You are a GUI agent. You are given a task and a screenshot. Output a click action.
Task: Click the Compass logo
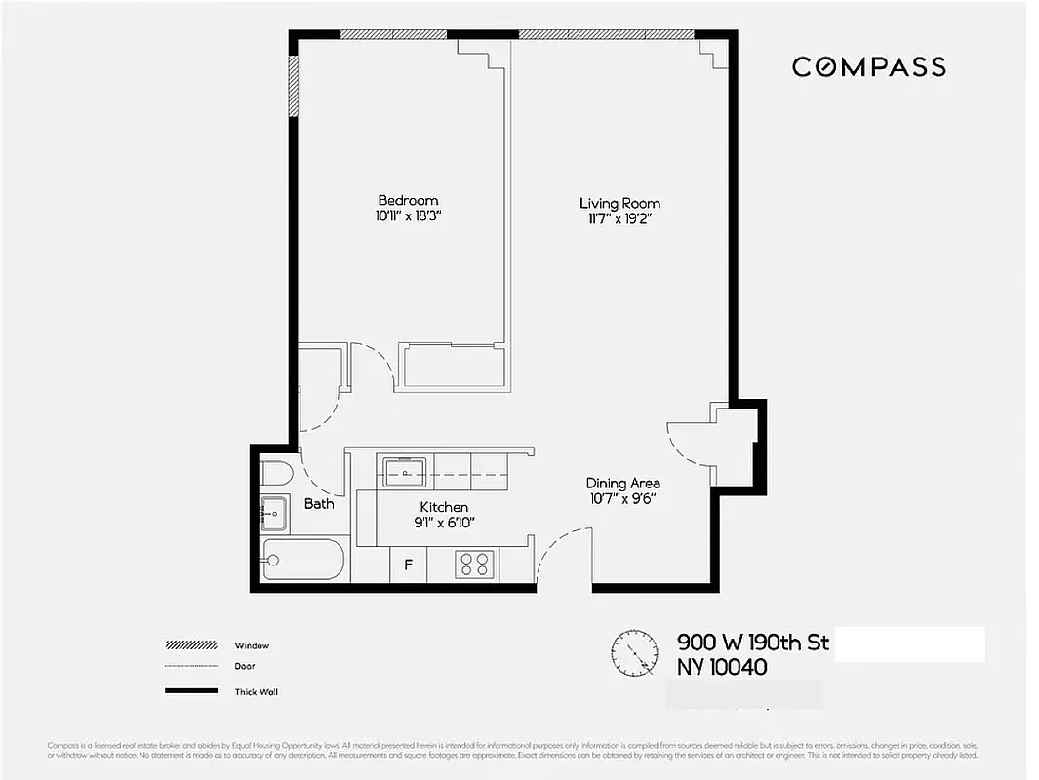[868, 66]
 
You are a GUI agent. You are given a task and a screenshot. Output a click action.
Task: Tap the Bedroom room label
[408, 201]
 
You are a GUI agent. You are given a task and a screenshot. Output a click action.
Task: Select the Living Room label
[619, 203]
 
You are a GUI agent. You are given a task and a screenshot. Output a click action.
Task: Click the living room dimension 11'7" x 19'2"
[615, 219]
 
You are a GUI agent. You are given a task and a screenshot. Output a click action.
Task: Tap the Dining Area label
[622, 483]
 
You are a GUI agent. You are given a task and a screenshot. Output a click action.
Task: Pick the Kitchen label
[444, 507]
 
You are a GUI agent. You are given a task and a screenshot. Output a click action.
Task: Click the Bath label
[319, 503]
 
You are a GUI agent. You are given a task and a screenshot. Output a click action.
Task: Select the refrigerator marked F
[409, 564]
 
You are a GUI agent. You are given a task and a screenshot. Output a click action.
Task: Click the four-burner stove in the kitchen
[475, 564]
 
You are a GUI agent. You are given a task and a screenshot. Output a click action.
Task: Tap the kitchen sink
[403, 471]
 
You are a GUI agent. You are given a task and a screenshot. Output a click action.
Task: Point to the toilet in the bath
[278, 473]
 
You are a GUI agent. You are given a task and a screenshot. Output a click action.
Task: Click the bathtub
[302, 560]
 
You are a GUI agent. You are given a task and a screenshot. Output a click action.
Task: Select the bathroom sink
[273, 510]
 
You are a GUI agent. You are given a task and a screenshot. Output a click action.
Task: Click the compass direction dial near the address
[635, 652]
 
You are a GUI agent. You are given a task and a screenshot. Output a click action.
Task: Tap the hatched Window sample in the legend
[190, 645]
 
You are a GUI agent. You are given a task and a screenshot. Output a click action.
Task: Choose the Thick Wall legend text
[257, 692]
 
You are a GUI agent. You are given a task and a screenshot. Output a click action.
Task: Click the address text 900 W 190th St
[752, 643]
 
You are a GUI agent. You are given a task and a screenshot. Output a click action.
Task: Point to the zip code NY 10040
[721, 668]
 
